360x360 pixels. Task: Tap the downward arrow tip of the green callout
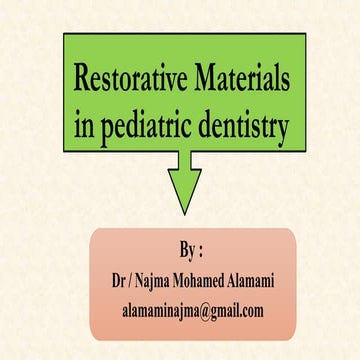pyautogui.click(x=182, y=209)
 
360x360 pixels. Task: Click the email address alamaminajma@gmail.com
pyautogui.click(x=190, y=311)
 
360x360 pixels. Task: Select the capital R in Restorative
pyautogui.click(x=80, y=80)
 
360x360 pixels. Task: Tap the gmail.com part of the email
pyautogui.click(x=236, y=311)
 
